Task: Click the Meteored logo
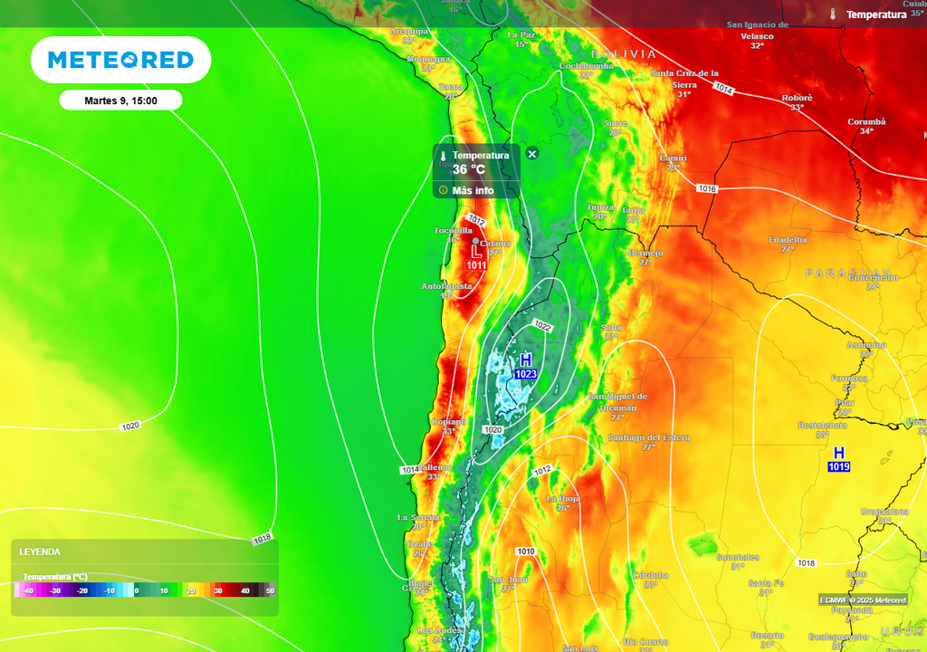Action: pyautogui.click(x=120, y=60)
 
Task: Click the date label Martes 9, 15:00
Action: pyautogui.click(x=120, y=101)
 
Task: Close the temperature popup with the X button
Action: pyautogui.click(x=532, y=154)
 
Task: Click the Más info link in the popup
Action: pyautogui.click(x=473, y=190)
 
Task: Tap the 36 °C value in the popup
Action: pyautogui.click(x=469, y=169)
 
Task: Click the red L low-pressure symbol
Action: pyautogui.click(x=476, y=252)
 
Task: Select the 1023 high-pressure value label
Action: pyautogui.click(x=526, y=374)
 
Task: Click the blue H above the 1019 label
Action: pyautogui.click(x=839, y=453)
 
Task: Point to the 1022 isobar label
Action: pyautogui.click(x=542, y=326)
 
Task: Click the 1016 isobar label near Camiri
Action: pyautogui.click(x=707, y=188)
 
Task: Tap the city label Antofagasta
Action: pyautogui.click(x=446, y=287)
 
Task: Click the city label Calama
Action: pyautogui.click(x=495, y=244)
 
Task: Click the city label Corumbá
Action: pyautogui.click(x=866, y=121)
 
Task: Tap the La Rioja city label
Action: pyautogui.click(x=563, y=499)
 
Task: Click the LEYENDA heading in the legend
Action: pyautogui.click(x=40, y=551)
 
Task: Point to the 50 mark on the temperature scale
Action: pyautogui.click(x=270, y=590)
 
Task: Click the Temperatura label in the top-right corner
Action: pyautogui.click(x=875, y=14)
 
